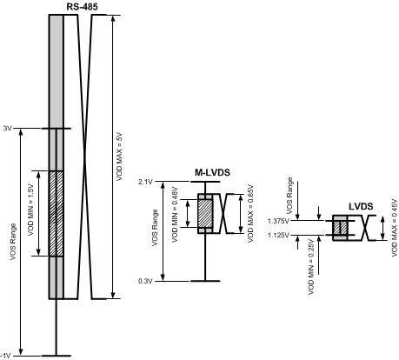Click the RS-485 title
pyautogui.click(x=83, y=7)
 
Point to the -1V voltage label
pyautogui.click(x=6, y=355)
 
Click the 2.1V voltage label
pyautogui.click(x=144, y=182)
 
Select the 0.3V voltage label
pyautogui.click(x=144, y=280)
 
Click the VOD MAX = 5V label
pyautogui.click(x=120, y=157)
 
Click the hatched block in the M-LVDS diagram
pyautogui.click(x=206, y=214)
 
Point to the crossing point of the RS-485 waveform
pyautogui.click(x=83, y=157)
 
